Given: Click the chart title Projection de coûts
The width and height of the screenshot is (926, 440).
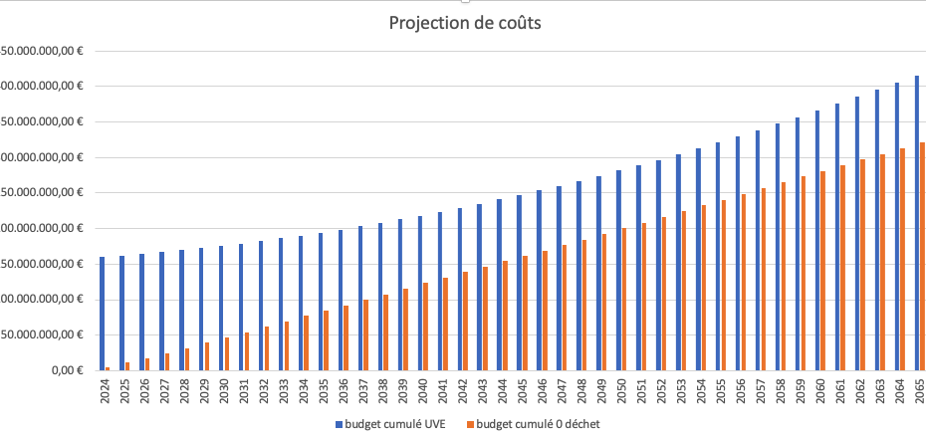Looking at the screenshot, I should click(465, 24).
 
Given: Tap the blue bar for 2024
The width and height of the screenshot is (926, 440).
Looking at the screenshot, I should click(102, 314).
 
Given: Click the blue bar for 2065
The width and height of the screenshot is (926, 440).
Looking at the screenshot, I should click(917, 223).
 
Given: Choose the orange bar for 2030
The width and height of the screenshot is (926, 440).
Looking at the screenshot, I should click(226, 353).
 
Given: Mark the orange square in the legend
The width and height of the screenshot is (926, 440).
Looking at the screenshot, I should click(471, 424).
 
